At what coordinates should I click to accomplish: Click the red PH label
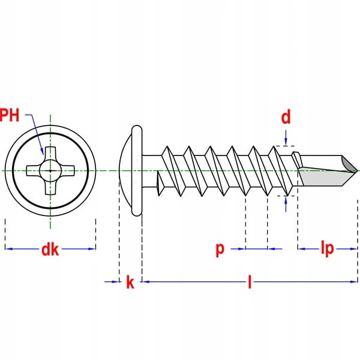click(x=10, y=115)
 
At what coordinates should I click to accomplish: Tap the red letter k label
click(x=130, y=283)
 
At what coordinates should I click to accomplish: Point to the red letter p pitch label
click(x=220, y=249)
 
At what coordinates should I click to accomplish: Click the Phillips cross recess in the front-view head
click(x=50, y=170)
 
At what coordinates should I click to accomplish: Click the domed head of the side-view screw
click(x=127, y=170)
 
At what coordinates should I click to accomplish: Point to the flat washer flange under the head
click(x=137, y=170)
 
